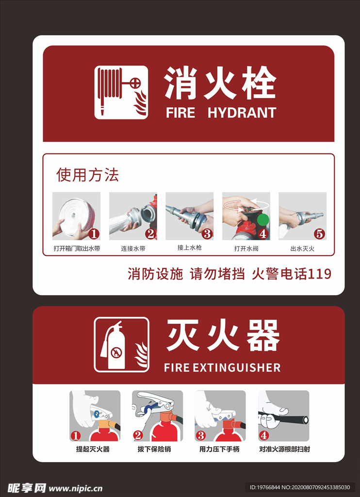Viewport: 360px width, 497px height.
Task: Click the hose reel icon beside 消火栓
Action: point(121,92)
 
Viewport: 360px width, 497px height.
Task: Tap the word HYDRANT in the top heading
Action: point(242,113)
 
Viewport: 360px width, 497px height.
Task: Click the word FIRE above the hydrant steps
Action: point(180,113)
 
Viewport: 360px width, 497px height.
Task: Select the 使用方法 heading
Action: point(87,175)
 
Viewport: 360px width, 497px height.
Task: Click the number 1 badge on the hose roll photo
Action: point(94,234)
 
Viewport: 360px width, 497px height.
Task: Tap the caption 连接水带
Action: point(133,248)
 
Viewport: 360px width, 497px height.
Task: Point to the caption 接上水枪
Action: point(190,248)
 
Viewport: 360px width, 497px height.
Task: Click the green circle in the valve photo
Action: point(262,219)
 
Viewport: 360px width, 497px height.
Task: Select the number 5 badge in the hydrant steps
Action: point(319,234)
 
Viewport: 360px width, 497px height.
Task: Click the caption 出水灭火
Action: point(302,248)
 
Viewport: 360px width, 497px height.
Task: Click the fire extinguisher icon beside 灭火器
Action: point(121,345)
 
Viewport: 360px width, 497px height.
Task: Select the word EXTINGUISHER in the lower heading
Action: point(236,368)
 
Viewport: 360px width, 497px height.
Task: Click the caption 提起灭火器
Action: point(93,449)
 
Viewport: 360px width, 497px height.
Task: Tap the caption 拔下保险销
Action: point(154,449)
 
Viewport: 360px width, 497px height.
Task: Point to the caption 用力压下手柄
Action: point(219,449)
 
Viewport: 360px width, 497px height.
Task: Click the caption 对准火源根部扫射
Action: point(285,449)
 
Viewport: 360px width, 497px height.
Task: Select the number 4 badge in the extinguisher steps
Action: point(263,436)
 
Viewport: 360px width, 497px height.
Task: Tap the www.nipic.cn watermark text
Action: point(75,488)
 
